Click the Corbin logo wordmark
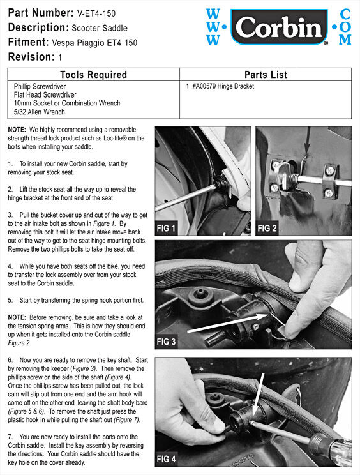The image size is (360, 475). [x=277, y=28]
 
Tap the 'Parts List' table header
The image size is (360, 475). [x=265, y=74]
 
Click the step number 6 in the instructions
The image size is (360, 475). [x=10, y=361]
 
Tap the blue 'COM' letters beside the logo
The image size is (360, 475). [x=345, y=27]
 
